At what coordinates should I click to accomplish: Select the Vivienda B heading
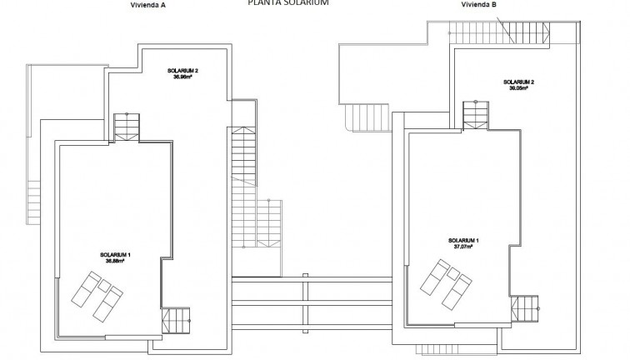pos(478,4)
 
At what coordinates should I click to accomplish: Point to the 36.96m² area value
pos(181,77)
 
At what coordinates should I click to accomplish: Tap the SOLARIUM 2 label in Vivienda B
pos(518,82)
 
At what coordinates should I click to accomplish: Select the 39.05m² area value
pos(518,88)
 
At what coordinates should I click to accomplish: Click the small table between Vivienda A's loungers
pos(104,286)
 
